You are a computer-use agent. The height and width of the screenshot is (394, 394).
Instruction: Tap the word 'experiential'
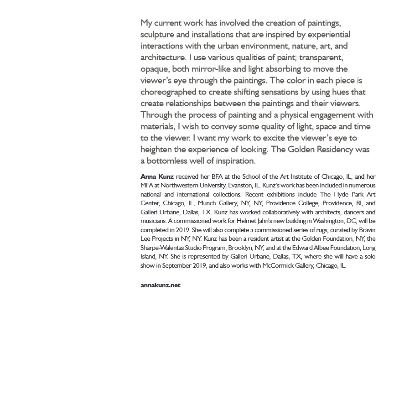coord(329,35)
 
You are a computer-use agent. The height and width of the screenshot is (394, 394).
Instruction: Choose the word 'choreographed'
coord(169,92)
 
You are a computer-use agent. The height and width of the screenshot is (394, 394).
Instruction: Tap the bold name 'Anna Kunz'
coord(157,176)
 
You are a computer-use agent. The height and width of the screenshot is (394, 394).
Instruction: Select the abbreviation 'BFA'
coord(217,176)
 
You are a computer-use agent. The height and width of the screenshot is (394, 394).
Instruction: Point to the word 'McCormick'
coord(279,266)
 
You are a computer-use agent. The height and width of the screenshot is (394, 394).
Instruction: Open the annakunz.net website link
coord(161,285)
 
